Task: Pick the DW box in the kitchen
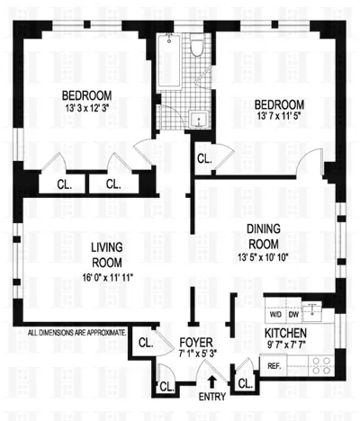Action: [292, 314]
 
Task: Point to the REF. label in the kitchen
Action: [274, 364]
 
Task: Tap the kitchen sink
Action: [311, 312]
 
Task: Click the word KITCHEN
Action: [286, 332]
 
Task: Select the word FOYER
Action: [194, 342]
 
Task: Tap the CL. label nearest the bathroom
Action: [203, 158]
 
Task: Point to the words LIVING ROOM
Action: [106, 255]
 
